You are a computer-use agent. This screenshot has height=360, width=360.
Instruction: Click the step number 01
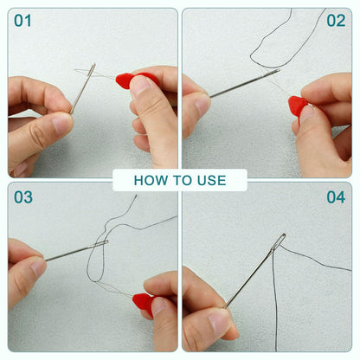tap(22, 21)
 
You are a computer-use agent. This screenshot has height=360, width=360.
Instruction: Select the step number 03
tap(22, 197)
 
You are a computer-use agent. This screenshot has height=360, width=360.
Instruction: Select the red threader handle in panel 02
tap(298, 106)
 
